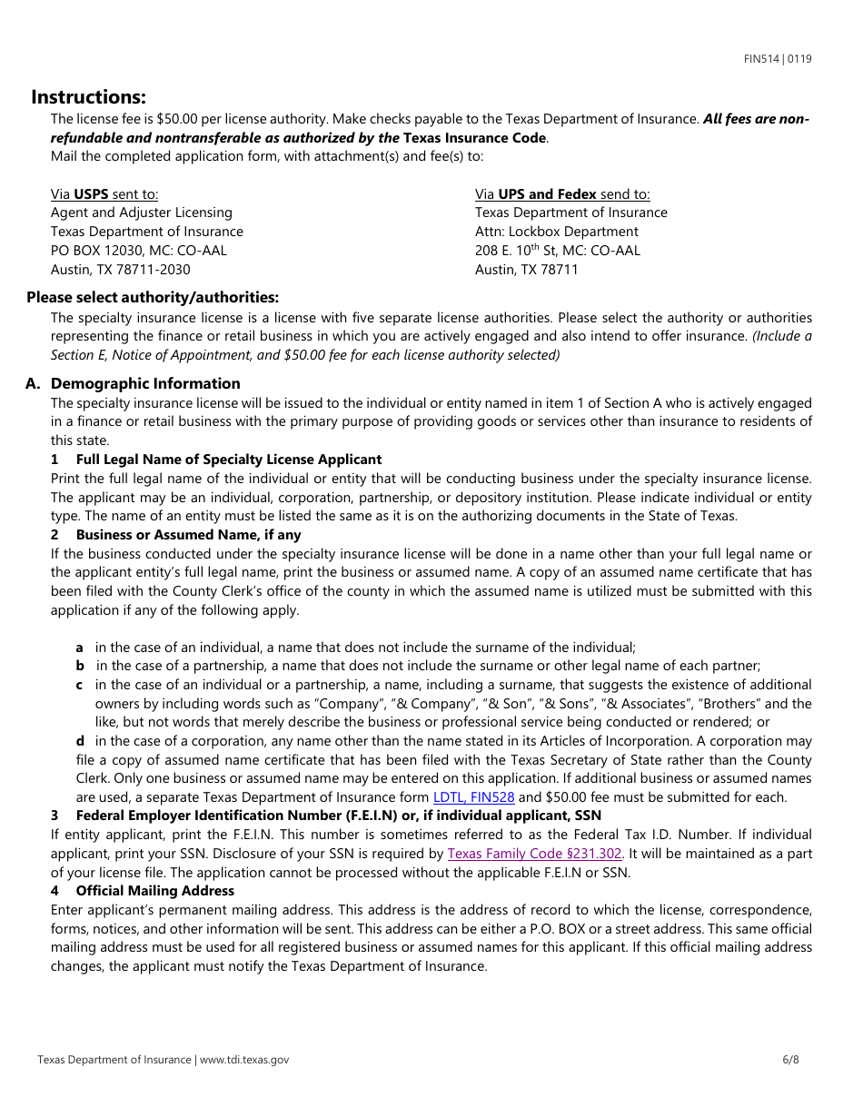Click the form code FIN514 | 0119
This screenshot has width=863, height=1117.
click(x=778, y=59)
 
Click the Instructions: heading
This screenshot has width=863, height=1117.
click(x=88, y=97)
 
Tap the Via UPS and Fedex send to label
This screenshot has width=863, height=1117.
click(x=562, y=193)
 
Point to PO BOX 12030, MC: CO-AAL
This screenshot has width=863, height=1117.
click(x=138, y=250)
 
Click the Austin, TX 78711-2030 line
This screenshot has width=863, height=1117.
click(x=120, y=269)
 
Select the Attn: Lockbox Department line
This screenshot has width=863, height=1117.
click(x=556, y=232)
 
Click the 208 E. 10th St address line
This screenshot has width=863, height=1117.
click(x=557, y=250)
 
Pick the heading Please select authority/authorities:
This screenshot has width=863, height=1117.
click(x=153, y=297)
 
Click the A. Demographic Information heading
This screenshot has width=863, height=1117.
click(x=133, y=383)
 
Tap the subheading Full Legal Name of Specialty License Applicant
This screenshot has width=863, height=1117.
click(x=228, y=460)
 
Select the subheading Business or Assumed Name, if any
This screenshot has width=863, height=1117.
click(x=188, y=535)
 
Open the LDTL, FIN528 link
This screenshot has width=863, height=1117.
click(x=473, y=797)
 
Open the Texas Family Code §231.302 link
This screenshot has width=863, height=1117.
click(x=535, y=854)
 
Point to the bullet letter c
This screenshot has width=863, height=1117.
click(x=80, y=685)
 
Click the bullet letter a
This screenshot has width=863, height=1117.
click(x=80, y=647)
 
